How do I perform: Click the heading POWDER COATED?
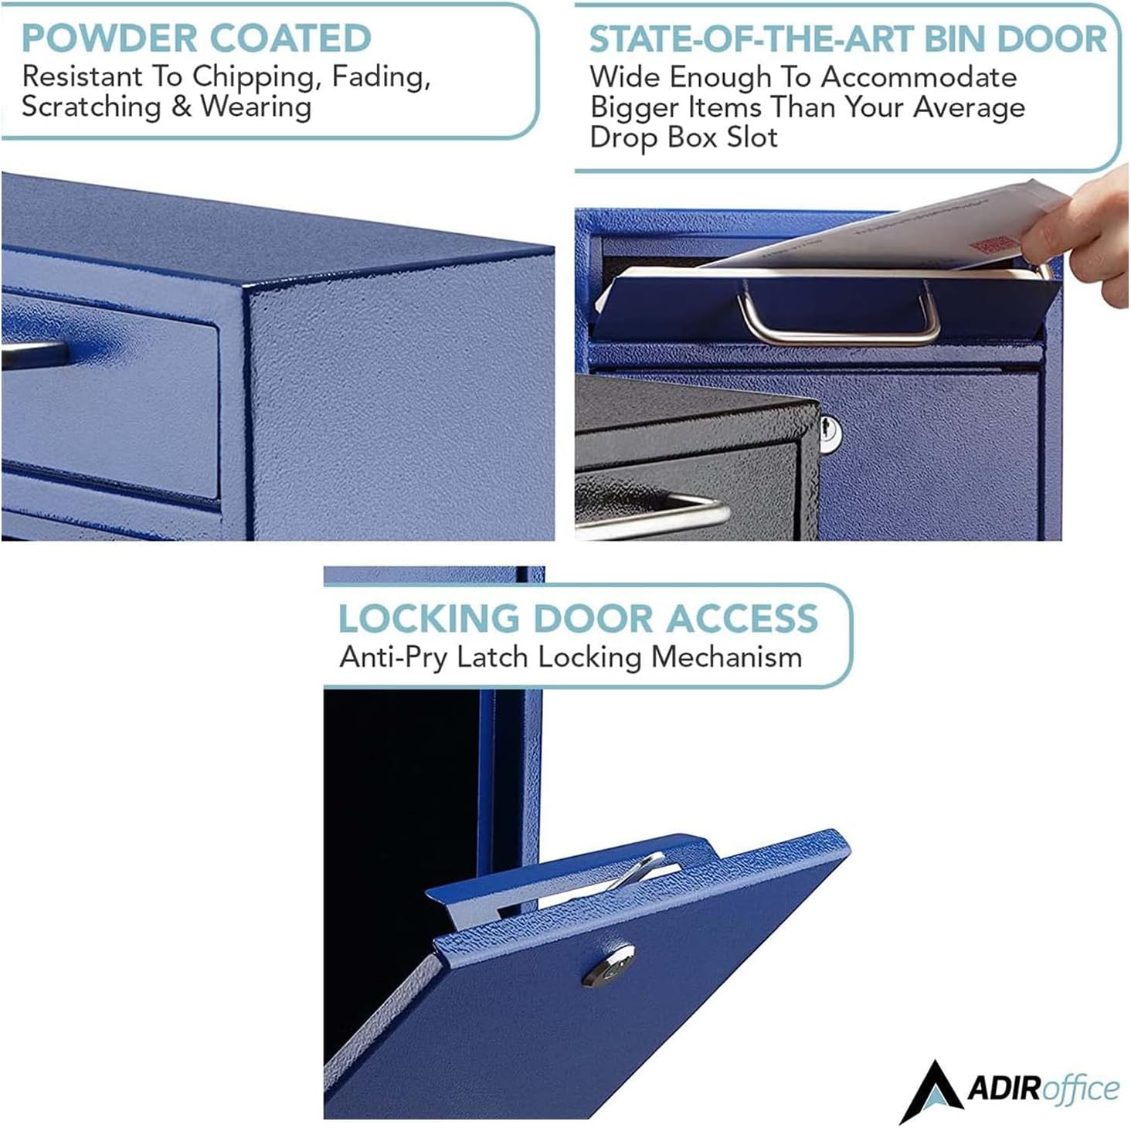[196, 39]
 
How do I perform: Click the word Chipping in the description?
[253, 76]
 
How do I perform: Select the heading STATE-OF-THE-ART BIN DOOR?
[847, 39]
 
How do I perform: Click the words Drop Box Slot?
[684, 138]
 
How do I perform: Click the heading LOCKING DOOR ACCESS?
[578, 618]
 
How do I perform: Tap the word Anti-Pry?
[394, 657]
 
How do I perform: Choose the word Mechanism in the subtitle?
[726, 657]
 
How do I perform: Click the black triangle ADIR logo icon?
[931, 1091]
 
